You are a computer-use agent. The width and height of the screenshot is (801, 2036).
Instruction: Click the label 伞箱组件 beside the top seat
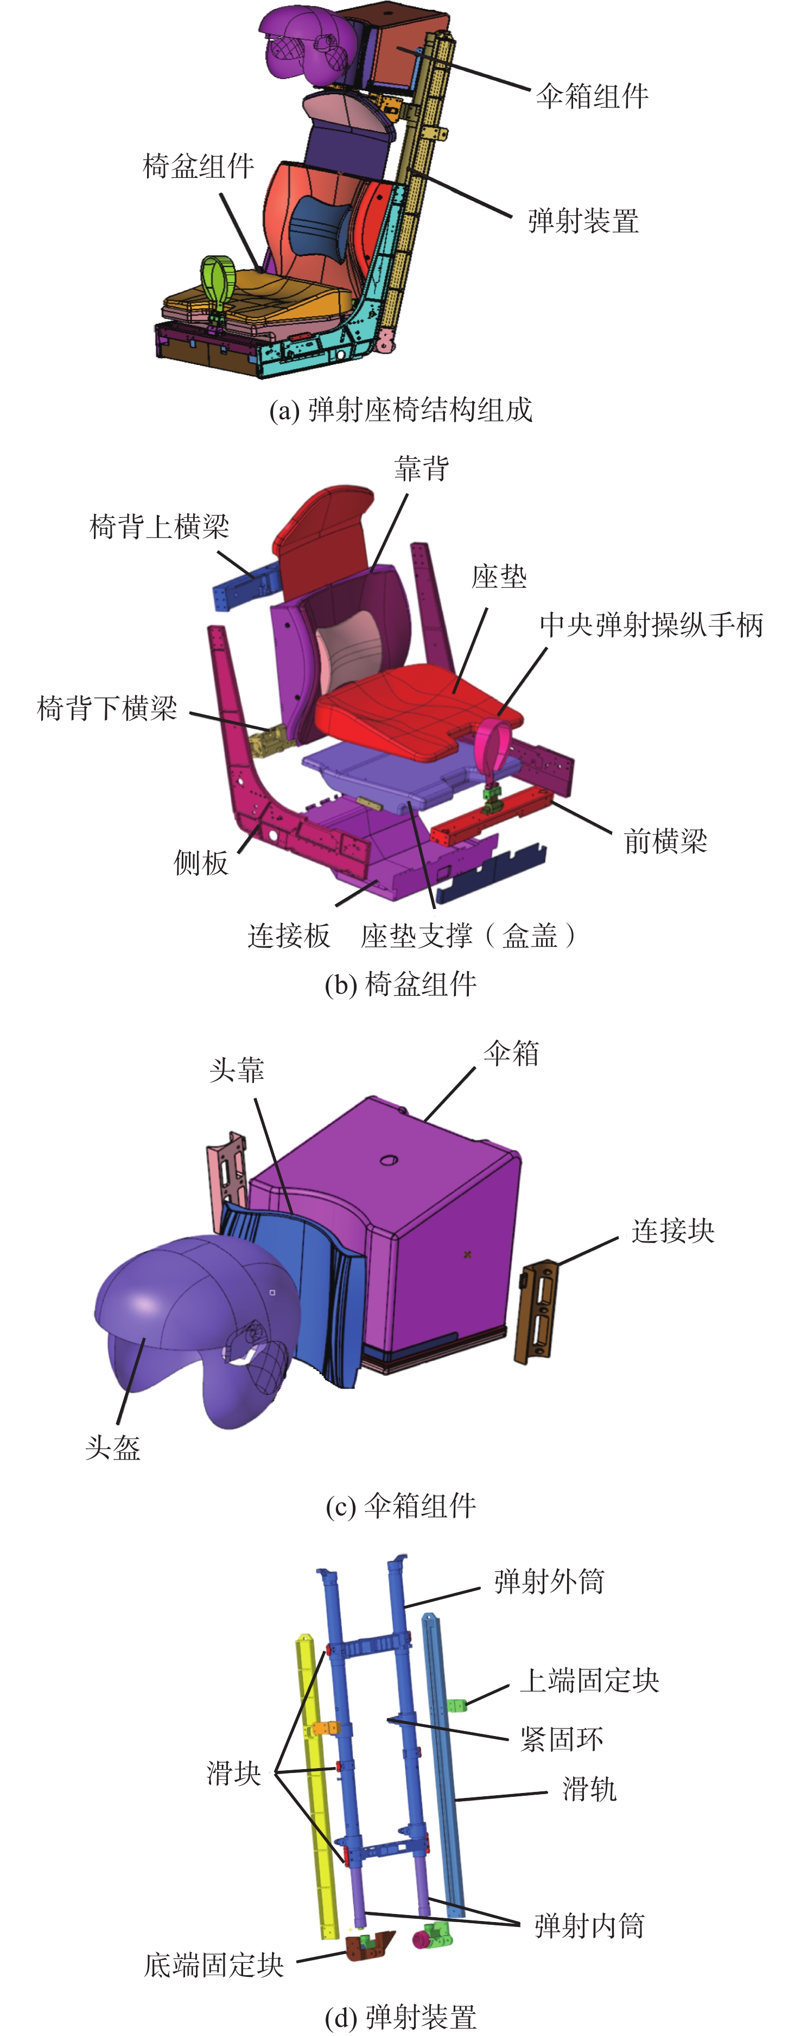pos(592,97)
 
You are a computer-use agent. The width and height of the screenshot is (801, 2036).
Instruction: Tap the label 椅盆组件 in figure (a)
pos(199,166)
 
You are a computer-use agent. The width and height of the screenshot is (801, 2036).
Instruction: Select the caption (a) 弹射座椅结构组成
pos(401,409)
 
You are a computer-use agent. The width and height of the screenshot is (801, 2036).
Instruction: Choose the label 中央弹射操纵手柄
pos(651,624)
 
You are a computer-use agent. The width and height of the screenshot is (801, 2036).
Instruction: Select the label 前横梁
pos(665,841)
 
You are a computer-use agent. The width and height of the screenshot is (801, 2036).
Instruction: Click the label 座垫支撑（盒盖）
pos(468,935)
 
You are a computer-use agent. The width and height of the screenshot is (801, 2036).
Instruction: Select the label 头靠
pos(237,1071)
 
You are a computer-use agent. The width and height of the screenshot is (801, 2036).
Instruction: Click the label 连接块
pos(673,1231)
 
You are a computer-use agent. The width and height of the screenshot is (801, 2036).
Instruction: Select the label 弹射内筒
pos(589,1925)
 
